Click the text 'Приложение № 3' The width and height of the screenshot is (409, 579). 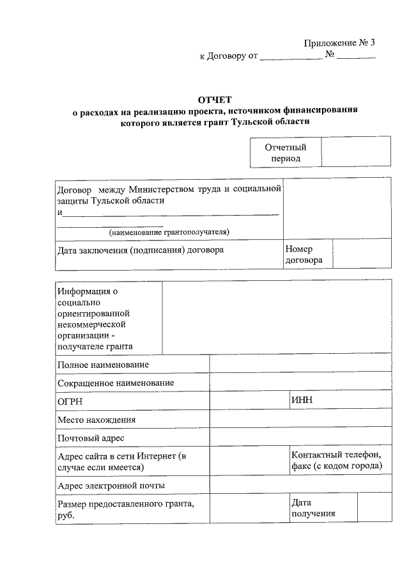(x=339, y=43)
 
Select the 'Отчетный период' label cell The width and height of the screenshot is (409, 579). (x=286, y=153)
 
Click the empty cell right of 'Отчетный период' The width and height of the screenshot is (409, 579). (x=356, y=153)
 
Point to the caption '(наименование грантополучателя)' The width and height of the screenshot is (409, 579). (x=169, y=232)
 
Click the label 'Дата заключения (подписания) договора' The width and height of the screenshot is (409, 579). (x=141, y=250)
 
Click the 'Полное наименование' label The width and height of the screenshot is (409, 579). (x=103, y=364)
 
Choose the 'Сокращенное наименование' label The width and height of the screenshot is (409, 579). (x=116, y=383)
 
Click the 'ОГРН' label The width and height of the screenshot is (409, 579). (x=70, y=401)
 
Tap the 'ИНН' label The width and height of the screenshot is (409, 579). (x=301, y=401)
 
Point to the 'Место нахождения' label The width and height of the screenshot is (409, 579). (x=96, y=420)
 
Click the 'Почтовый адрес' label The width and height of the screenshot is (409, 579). (x=90, y=438)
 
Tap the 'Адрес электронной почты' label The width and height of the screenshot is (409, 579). (x=111, y=485)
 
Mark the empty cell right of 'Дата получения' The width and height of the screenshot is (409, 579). (x=374, y=509)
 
